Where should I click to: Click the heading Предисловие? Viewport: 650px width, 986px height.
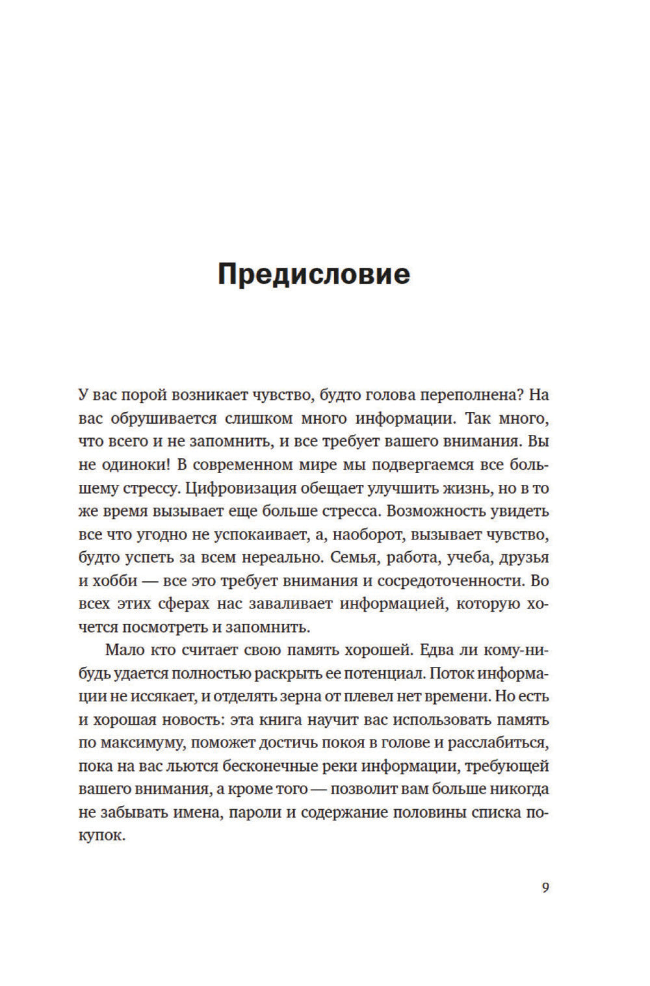click(x=314, y=274)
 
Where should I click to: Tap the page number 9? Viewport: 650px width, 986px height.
click(x=545, y=887)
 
